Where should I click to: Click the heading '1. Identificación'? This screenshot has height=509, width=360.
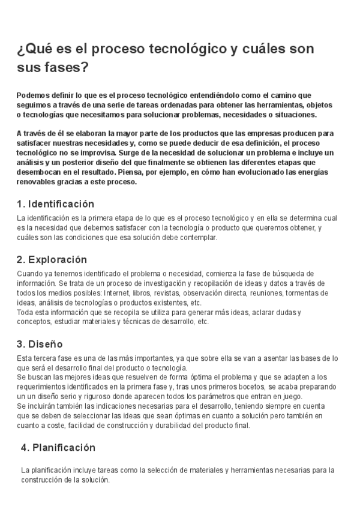(56, 203)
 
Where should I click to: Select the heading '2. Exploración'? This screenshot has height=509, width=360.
(52, 259)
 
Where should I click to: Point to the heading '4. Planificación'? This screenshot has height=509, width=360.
(58, 447)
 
